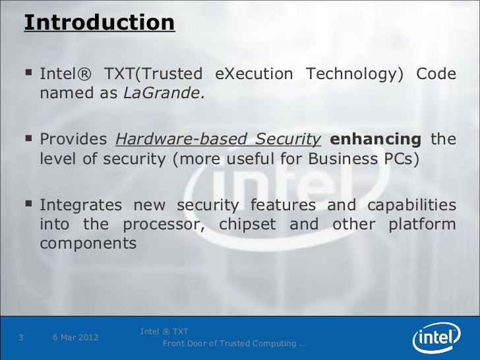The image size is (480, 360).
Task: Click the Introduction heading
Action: [x=99, y=23]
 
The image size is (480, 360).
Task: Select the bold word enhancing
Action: [x=375, y=140]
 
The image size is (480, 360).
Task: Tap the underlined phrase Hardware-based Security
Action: [x=218, y=140]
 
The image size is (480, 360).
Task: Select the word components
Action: [x=88, y=243]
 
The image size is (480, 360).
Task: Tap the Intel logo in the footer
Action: [x=436, y=338]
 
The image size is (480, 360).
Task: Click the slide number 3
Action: [x=22, y=338]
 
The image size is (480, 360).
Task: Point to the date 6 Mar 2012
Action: [x=76, y=338]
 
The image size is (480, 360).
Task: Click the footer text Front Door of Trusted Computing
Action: [x=233, y=344]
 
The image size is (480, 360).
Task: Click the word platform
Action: [x=422, y=224]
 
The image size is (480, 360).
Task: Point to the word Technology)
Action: [x=354, y=74]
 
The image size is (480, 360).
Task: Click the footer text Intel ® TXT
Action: [x=164, y=331]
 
